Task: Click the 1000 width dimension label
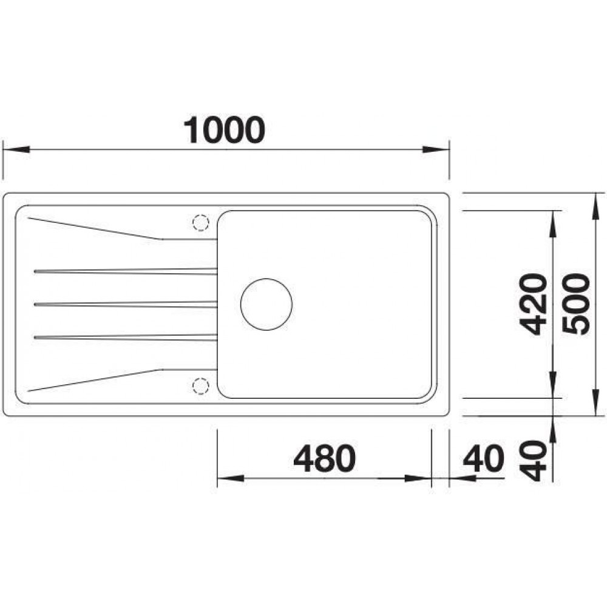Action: [x=224, y=130]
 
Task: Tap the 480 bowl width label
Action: [x=324, y=458]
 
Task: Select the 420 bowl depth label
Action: [x=533, y=304]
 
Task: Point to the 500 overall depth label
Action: [x=576, y=303]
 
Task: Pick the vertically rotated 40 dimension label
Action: [x=533, y=460]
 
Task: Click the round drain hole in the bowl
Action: [x=266, y=304]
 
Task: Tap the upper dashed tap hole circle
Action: [x=201, y=223]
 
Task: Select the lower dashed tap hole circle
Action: [x=201, y=386]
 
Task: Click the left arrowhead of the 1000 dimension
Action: [x=16, y=150]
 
